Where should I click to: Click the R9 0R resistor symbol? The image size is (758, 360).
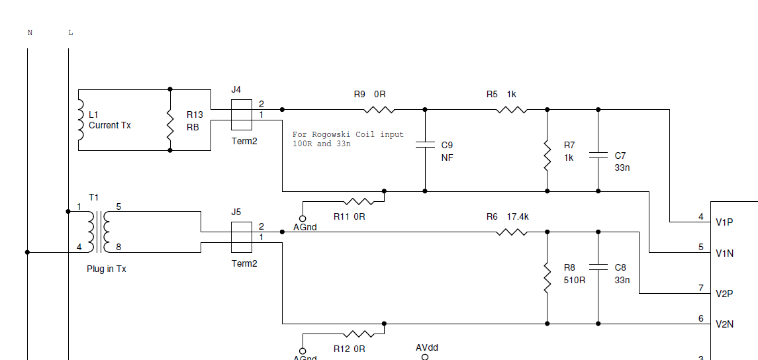click(379, 110)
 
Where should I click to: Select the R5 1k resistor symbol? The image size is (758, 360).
click(512, 110)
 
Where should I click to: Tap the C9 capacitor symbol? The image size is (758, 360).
click(425, 145)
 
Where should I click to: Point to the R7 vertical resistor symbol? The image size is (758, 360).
click(547, 156)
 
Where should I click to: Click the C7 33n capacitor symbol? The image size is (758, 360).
click(598, 156)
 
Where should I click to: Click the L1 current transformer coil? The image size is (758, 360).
click(81, 120)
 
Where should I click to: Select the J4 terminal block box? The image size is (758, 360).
click(241, 114)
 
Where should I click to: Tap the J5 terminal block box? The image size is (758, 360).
click(241, 237)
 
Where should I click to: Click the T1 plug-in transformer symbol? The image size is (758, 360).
click(99, 232)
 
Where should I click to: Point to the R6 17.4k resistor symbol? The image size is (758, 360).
click(512, 232)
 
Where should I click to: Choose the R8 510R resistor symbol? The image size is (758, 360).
click(547, 278)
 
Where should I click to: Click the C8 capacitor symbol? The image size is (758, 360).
click(598, 267)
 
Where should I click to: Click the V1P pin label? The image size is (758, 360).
click(725, 222)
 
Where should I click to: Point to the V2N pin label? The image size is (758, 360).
click(725, 324)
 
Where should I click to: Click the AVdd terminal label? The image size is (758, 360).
click(427, 347)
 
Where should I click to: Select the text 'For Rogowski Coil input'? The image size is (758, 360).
click(348, 134)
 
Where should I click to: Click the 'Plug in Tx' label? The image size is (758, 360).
click(107, 269)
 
